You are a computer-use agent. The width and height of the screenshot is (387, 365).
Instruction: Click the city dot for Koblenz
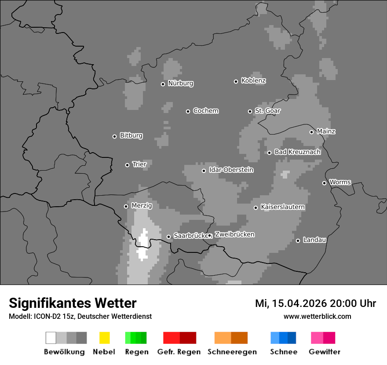(236, 81)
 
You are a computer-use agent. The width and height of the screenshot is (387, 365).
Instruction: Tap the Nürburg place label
(180, 83)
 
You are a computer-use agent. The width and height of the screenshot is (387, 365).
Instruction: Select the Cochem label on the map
(206, 111)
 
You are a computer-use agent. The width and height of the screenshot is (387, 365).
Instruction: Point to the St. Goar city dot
(250, 111)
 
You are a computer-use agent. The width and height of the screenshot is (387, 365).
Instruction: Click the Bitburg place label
(131, 135)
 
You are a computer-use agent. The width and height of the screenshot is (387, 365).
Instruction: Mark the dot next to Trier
(128, 165)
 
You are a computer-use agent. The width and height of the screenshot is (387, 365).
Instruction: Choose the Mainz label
(326, 131)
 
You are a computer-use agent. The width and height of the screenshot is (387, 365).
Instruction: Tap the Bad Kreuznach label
(297, 152)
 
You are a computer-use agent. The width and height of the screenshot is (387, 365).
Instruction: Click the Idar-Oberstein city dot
(204, 171)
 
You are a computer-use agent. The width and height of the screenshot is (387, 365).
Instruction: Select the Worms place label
(340, 182)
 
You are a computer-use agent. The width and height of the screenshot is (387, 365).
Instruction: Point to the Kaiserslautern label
(282, 207)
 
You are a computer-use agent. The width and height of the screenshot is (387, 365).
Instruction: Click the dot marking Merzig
(126, 206)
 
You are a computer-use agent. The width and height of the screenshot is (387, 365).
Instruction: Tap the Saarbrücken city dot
(168, 237)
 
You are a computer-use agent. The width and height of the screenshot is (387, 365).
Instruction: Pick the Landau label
(314, 240)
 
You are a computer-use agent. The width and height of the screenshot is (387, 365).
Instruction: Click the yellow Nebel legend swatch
(104, 338)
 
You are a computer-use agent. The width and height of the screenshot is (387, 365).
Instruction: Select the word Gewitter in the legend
(324, 352)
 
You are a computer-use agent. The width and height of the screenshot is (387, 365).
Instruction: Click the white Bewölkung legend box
(51, 338)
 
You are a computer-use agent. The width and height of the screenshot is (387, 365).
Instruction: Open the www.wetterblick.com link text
(317, 316)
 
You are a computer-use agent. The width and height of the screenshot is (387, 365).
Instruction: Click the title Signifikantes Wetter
(73, 303)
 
